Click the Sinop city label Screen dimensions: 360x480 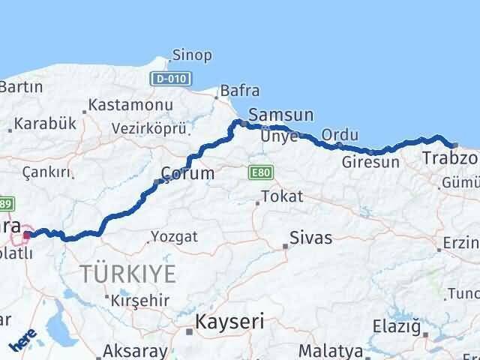click(x=192, y=55)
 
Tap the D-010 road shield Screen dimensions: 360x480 click(x=171, y=78)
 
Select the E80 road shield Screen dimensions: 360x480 click(x=259, y=172)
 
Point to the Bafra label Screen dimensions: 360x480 click(x=240, y=91)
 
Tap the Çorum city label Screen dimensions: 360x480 click(x=187, y=173)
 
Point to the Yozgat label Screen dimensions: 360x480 click(x=174, y=237)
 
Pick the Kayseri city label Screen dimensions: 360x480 click(x=229, y=322)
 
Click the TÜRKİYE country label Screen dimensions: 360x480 click(x=129, y=273)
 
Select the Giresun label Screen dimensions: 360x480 click(x=370, y=162)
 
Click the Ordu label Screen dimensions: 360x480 click(x=340, y=134)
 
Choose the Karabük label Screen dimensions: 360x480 click(x=46, y=124)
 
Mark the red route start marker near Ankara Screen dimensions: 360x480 click(x=26, y=235)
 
